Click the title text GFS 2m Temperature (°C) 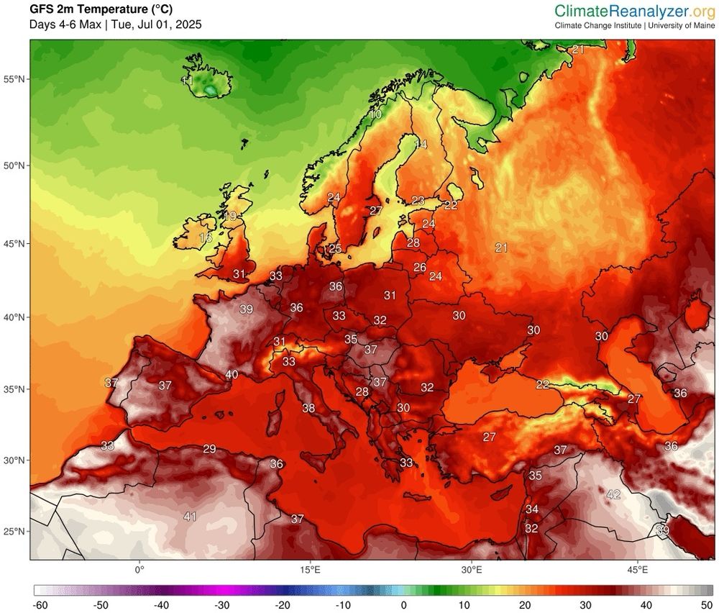pos(100,9)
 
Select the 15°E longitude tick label pos(310,569)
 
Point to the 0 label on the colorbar pos(403,605)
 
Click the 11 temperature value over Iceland pos(187,81)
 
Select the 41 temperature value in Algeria pos(190,516)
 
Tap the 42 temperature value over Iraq pos(613,494)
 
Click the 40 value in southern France pos(232,374)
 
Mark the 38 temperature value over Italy pos(308,408)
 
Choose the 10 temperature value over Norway pos(375,114)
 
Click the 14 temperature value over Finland pos(421,145)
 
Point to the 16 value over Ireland pos(206,237)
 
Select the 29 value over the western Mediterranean pos(209,449)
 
